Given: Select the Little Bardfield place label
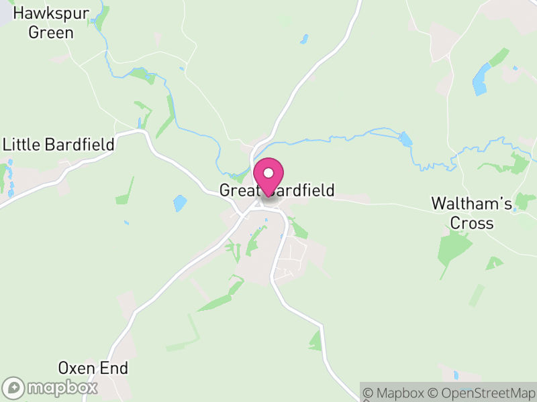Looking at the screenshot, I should [59, 144].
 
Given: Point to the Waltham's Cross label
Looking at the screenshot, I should [472, 213].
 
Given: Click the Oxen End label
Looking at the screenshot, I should [93, 368].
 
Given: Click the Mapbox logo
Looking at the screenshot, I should [51, 387].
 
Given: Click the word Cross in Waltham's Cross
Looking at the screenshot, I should [472, 223].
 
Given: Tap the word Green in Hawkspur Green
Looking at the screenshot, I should [51, 32].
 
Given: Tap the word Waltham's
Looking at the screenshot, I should [472, 203].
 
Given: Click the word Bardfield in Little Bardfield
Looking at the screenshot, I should [80, 144].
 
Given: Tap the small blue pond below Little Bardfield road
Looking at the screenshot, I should [180, 202].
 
